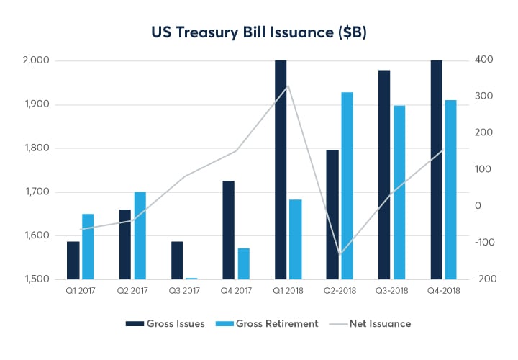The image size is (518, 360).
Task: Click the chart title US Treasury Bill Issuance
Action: click(x=258, y=32)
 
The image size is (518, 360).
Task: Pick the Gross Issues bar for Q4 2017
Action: click(x=228, y=230)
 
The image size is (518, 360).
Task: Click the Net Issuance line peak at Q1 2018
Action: click(x=288, y=86)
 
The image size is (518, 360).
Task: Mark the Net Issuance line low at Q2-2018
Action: click(x=340, y=253)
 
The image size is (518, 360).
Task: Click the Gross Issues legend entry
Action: click(x=165, y=324)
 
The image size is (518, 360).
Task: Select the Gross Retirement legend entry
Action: click(x=270, y=324)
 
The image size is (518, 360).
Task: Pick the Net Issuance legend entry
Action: click(x=373, y=324)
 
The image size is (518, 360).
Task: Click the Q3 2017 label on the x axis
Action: click(x=184, y=291)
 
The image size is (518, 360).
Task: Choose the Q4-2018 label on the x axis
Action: click(x=443, y=291)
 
